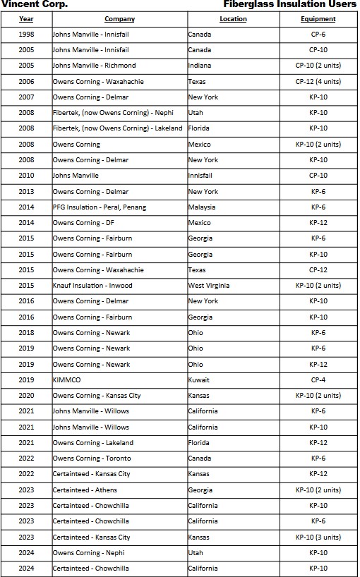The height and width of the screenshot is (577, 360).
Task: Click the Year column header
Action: click(x=26, y=18)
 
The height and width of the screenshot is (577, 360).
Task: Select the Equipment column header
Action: click(x=318, y=18)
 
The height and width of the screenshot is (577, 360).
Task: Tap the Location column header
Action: click(x=233, y=18)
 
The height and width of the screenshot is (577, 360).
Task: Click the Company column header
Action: click(x=119, y=18)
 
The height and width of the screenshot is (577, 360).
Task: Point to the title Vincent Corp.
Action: click(x=35, y=4)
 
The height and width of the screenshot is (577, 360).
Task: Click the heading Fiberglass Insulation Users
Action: click(x=289, y=4)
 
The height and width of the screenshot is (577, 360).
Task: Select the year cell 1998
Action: click(x=26, y=34)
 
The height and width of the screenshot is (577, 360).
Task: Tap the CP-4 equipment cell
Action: click(x=318, y=379)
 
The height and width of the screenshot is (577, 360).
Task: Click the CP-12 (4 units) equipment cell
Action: click(x=318, y=81)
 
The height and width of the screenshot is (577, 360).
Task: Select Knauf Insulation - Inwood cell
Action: click(x=92, y=286)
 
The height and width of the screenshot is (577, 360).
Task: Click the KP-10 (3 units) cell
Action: click(x=318, y=537)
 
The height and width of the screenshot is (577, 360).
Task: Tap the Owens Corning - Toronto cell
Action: click(x=91, y=458)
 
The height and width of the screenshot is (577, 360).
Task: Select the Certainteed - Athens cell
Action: click(x=85, y=490)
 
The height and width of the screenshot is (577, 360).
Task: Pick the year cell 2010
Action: click(x=26, y=176)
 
